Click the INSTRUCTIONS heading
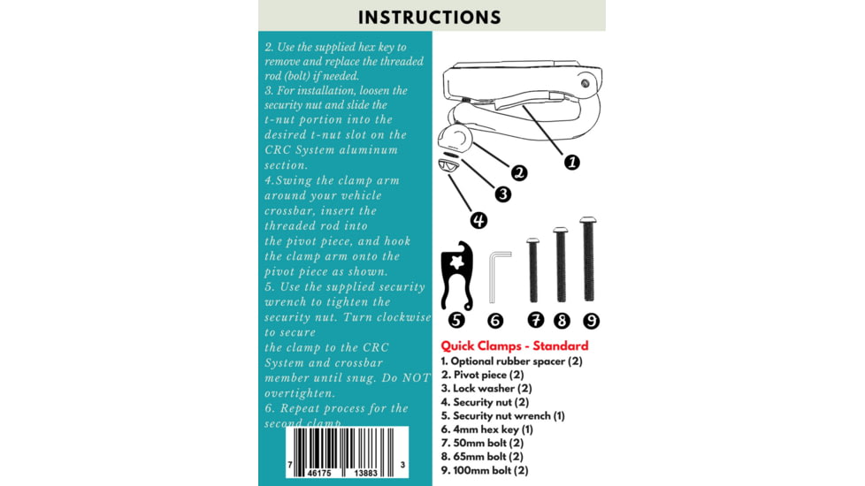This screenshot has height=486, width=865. (430, 17)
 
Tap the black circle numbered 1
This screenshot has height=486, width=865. (571, 162)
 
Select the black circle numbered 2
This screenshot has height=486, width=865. (519, 173)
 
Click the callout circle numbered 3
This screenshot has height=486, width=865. (502, 194)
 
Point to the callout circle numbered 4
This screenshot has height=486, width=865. (478, 220)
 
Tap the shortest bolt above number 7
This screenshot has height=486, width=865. (533, 270)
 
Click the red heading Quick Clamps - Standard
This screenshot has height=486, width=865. (514, 346)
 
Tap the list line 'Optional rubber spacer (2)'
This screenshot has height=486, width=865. (511, 361)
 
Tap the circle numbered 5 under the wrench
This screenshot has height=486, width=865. (457, 320)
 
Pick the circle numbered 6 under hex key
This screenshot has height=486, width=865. (495, 320)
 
